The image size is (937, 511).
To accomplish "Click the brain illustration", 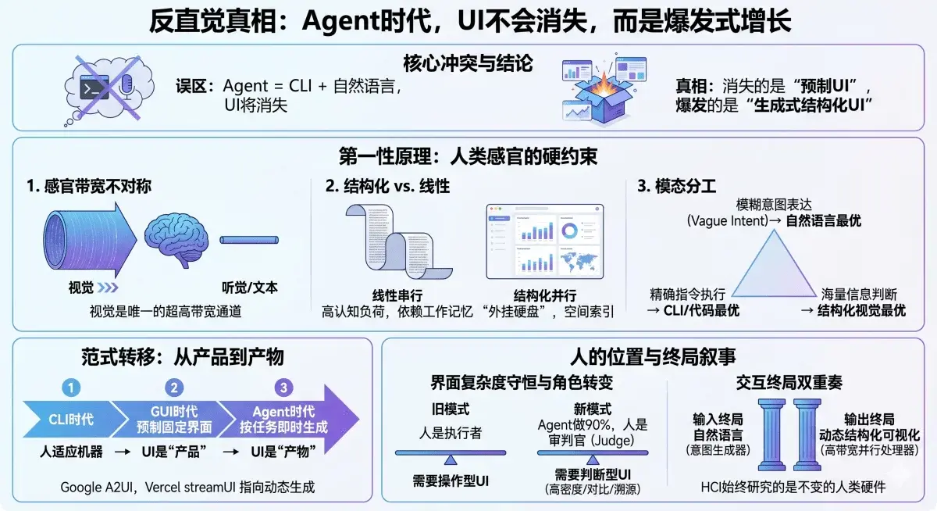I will click(178, 239).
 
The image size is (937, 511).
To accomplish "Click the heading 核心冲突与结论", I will click(468, 63).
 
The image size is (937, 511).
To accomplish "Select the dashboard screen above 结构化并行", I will click(545, 241).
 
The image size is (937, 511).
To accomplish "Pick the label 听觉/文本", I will click(250, 288).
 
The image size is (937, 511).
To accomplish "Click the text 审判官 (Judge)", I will click(590, 440).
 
